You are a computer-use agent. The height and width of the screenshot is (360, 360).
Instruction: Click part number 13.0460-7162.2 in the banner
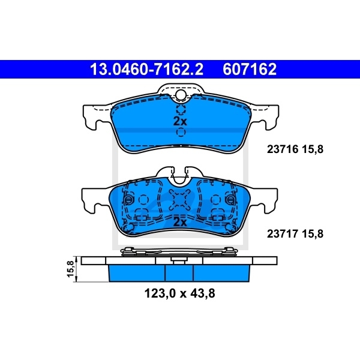click(147, 70)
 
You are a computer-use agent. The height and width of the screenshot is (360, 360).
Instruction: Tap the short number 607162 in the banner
click(250, 70)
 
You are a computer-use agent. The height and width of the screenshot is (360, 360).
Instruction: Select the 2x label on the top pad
click(180, 121)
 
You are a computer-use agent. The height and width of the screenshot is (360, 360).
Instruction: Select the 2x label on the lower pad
click(180, 222)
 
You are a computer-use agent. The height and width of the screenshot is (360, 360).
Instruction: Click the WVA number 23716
click(282, 149)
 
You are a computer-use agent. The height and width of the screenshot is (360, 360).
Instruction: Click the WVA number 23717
click(282, 234)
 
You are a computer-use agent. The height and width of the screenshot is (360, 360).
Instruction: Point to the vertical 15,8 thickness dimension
click(71, 269)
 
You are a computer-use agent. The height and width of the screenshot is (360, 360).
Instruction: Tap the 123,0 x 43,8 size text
click(179, 293)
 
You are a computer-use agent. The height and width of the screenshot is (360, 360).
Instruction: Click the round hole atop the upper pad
click(181, 95)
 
